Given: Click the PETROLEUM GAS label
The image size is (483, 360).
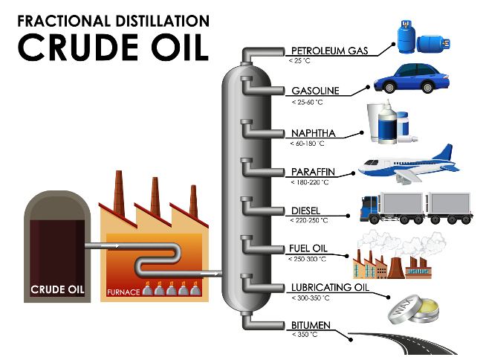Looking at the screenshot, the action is coord(330,51).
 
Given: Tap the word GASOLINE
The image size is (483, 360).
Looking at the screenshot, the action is coord(315,91).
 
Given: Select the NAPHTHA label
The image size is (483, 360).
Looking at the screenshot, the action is coord(314,133).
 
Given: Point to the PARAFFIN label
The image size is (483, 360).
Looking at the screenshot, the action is coord(313,172).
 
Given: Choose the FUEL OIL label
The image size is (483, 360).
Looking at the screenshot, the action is coord(308,248).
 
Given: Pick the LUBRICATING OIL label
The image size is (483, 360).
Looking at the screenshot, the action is coord(330,287).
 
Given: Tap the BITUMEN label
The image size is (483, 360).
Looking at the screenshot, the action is coord(311,325).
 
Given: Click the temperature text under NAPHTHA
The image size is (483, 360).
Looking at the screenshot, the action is coord(307,144).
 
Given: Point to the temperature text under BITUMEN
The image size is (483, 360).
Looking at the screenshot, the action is coord(305,335).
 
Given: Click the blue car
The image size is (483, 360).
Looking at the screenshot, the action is coord(412,78).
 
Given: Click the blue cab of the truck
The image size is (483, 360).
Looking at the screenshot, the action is coord(369,207).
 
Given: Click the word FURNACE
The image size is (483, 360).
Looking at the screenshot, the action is coord(123,292).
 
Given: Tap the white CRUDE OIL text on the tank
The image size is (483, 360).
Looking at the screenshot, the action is coord(57,289).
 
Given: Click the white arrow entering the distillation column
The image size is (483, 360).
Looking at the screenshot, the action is coord(210,273).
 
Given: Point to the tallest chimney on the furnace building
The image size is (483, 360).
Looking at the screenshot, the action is coord(119,193).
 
